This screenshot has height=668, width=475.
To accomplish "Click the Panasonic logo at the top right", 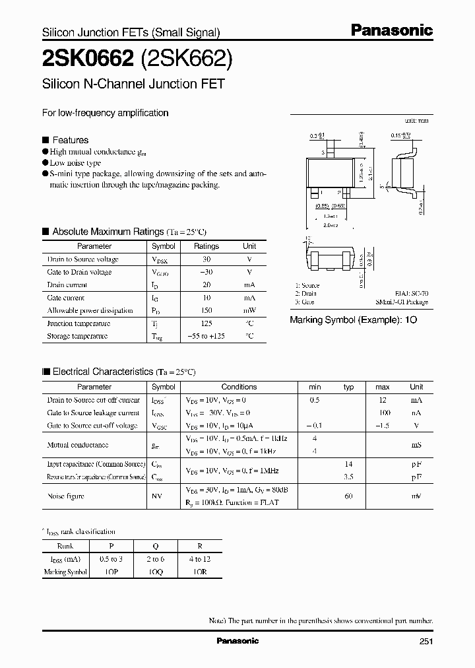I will point(391,30).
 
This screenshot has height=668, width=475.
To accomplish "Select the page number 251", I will point(425,641).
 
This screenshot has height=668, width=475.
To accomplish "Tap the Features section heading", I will point(70,140).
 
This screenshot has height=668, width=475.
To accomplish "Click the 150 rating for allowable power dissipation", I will point(206,310).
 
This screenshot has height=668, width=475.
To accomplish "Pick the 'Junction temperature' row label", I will point(79,323).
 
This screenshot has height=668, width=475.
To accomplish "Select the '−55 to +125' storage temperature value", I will point(206,336).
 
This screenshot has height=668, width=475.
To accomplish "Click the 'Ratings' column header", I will point(206,246).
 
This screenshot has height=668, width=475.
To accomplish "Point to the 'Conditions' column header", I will point(239,387).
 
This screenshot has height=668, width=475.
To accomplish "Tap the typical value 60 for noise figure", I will point(349,496).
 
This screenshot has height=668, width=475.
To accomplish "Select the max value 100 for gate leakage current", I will point(383,413).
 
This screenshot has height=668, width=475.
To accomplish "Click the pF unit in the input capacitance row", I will point(417,465).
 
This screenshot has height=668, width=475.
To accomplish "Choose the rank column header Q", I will point(156,547).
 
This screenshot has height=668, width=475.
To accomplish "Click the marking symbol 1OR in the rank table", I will point(200,572).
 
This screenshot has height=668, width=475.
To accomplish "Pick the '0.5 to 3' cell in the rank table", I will point(111,560).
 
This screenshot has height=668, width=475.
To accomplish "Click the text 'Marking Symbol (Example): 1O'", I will point(353,319).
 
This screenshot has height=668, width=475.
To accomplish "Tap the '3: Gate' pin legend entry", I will point(304,302).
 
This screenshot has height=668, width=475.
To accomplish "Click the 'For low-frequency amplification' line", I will point(106,113).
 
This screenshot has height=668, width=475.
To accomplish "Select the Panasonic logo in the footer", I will point(237,641).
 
